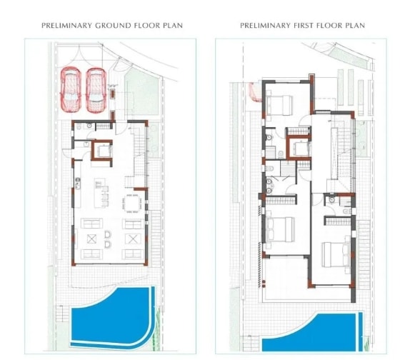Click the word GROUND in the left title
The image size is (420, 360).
coord(114,26)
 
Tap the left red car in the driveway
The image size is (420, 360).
coord(71,89)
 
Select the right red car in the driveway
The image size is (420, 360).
coord(96,90)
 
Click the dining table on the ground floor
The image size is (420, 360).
coord(132,204)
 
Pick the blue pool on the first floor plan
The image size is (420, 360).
coord(312,332)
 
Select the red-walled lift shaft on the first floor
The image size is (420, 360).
coord(299,148)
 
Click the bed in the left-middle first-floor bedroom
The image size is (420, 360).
coord(280,229)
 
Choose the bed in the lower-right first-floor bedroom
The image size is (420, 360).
coord(336,254)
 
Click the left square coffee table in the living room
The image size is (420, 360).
coord(91,239)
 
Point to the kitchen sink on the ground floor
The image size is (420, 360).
coord(77,184)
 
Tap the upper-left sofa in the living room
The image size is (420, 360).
coord(91,224)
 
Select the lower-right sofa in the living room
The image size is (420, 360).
coord(133,254)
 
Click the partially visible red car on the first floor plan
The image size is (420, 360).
coord(255,91)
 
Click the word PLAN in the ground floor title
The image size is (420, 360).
coord(173,26)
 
